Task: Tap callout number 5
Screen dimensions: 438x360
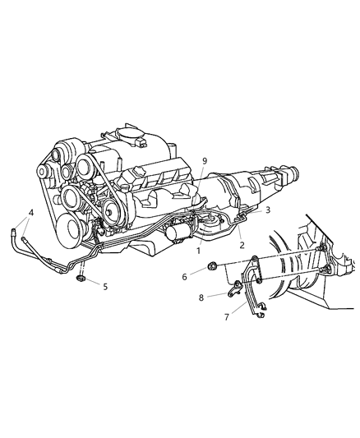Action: [x=104, y=288]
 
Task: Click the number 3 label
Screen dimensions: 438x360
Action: [x=266, y=211]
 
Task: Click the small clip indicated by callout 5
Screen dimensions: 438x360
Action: [x=81, y=283]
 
